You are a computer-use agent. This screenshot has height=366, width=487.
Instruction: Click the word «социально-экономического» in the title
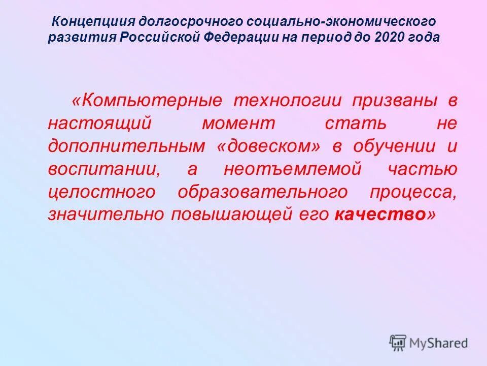click(x=341, y=22)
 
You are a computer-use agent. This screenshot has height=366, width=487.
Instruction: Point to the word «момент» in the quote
click(x=238, y=124)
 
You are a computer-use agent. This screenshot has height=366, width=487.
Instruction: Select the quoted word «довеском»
click(x=270, y=146)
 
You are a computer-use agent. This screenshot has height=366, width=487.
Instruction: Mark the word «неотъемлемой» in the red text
click(x=293, y=169)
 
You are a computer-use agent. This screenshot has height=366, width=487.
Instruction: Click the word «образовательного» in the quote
click(x=263, y=192)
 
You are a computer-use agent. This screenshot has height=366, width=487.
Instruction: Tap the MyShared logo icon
click(x=398, y=343)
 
